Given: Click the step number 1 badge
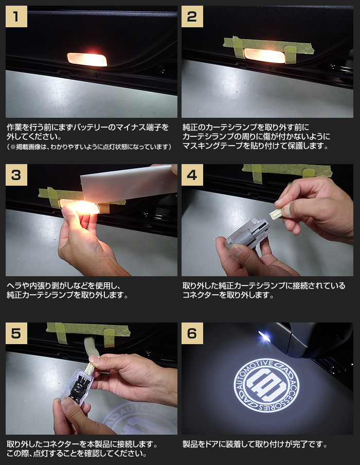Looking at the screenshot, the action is tap(16, 16).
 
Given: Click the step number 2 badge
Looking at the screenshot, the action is tap(192, 16).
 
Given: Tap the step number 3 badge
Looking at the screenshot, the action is tap(16, 175).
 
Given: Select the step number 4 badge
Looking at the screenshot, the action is tap(192, 175).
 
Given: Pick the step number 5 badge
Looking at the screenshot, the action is tap(16, 333).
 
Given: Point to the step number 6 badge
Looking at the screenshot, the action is tap(192, 333).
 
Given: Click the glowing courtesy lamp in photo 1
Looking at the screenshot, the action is tap(87, 59).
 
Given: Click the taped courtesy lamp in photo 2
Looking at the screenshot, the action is tap(264, 56).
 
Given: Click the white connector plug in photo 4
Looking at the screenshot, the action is tap(276, 213).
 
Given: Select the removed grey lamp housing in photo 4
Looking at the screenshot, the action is tap(247, 233).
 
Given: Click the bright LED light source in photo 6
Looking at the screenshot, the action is tap(264, 336).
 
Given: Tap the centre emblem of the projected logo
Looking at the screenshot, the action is tap(266, 385).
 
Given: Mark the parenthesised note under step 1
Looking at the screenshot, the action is tap(89, 147).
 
